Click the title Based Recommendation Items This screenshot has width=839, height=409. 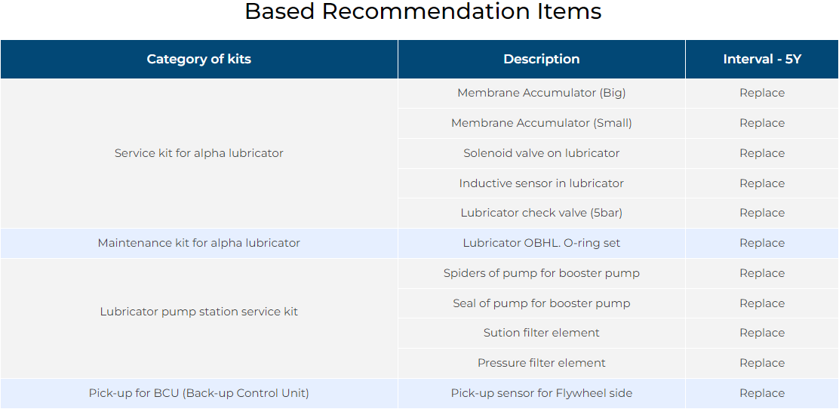point(423,11)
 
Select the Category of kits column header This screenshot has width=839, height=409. point(199,59)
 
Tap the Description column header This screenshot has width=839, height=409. point(542,59)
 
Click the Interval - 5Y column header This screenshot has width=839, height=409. point(762,59)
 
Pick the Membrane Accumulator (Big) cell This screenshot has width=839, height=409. point(542,93)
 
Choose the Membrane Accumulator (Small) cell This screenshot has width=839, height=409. point(542,123)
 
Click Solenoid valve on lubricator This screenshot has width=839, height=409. point(542,153)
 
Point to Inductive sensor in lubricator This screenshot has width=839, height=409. point(542,183)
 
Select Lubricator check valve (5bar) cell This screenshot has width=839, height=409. point(542,213)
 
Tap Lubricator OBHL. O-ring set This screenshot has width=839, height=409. point(542,243)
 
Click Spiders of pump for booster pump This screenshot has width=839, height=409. point(542,274)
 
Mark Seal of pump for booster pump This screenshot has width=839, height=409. point(542,303)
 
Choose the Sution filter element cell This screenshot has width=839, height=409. point(542,333)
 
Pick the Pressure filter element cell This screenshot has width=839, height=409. point(542,363)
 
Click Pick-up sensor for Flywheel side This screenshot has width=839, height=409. point(542,393)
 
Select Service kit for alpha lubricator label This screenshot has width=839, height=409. point(199,153)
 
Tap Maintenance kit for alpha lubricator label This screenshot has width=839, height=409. point(199,243)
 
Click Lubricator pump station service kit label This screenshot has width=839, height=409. point(199,312)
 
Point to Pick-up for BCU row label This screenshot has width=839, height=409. point(199,393)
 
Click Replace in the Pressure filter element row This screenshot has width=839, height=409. point(762,363)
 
